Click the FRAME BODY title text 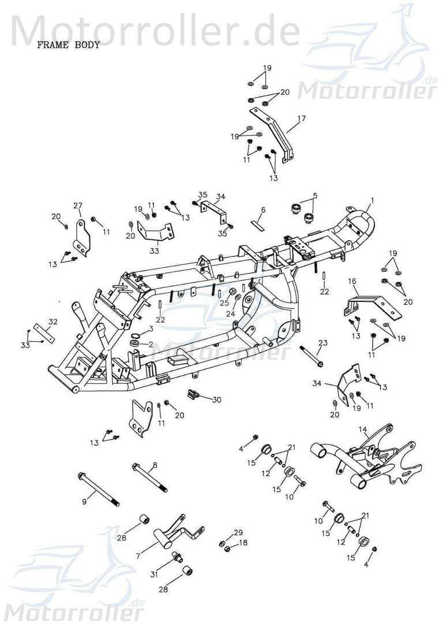69,45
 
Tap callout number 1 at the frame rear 373,200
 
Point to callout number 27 78,206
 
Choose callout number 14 363,429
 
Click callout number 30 216,400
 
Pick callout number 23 322,343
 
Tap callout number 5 315,196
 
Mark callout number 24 230,314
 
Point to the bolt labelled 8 149,477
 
